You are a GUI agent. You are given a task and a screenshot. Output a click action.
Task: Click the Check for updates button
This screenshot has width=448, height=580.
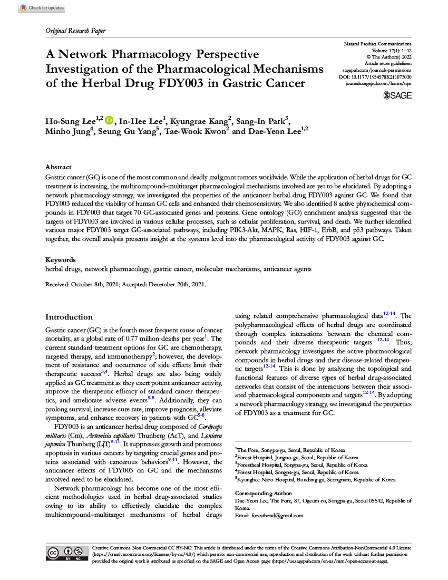click(x=42, y=8)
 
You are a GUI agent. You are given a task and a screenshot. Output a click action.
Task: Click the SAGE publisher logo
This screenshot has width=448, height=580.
click(x=398, y=95)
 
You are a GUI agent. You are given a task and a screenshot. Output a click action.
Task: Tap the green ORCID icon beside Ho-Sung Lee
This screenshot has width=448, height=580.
click(x=109, y=120)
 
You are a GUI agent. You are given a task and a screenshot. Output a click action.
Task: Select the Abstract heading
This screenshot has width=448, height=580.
click(x=58, y=167)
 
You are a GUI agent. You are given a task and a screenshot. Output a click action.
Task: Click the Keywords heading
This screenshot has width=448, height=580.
click(x=60, y=260)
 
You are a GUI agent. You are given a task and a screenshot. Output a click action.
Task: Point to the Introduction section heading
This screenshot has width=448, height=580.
click(x=69, y=317)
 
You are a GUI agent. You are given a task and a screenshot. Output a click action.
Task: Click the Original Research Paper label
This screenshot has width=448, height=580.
click(x=75, y=31)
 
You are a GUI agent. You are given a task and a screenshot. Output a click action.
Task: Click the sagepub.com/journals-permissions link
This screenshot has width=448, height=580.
click(x=377, y=70)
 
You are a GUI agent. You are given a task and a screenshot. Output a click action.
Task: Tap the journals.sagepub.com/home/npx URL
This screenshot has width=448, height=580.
click(x=378, y=84)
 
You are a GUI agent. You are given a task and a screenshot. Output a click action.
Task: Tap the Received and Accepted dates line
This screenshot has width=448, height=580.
click(x=125, y=284)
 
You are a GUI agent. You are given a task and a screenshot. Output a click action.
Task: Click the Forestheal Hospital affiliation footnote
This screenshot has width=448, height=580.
click(x=301, y=465)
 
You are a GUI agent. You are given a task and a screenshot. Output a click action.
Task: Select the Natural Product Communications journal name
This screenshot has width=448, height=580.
click(x=377, y=43)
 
